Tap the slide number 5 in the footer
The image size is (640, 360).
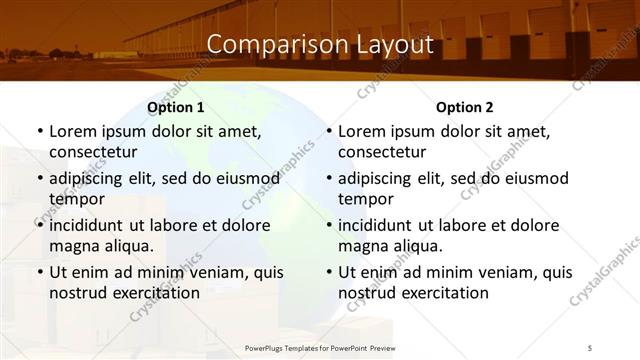point(590,347)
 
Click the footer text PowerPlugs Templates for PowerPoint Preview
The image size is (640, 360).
point(320,347)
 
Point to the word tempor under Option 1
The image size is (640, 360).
point(74,199)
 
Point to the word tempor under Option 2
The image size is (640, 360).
point(363,199)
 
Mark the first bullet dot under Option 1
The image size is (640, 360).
point(39,132)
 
